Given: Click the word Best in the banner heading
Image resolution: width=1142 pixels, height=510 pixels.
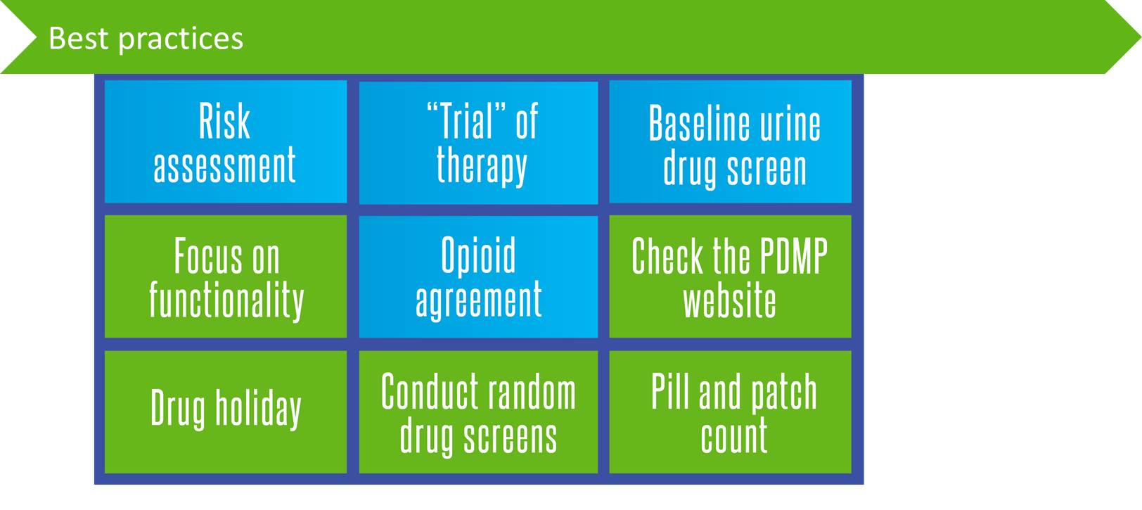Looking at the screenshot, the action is point(79,38).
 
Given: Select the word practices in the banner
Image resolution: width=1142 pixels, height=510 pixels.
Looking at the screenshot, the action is point(181,40).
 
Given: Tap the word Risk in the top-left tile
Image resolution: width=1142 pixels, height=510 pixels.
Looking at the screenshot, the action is point(224,121).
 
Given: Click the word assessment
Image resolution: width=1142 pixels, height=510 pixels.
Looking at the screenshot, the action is point(224,165).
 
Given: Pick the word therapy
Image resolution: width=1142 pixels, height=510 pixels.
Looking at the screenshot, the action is point(481,165).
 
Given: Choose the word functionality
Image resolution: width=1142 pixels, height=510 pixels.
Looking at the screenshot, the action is point(226,300).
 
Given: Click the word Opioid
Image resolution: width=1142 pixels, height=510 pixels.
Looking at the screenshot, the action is point(478,255).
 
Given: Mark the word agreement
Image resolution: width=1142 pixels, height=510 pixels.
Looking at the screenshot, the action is point(478,300).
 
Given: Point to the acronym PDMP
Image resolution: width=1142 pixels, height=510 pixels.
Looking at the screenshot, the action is point(793,256).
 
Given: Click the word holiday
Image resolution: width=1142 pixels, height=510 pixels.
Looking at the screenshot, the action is point(258,407).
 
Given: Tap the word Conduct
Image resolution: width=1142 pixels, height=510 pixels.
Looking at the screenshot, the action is point(422,392).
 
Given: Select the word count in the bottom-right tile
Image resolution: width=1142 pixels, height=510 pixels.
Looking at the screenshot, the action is point(733,436).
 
